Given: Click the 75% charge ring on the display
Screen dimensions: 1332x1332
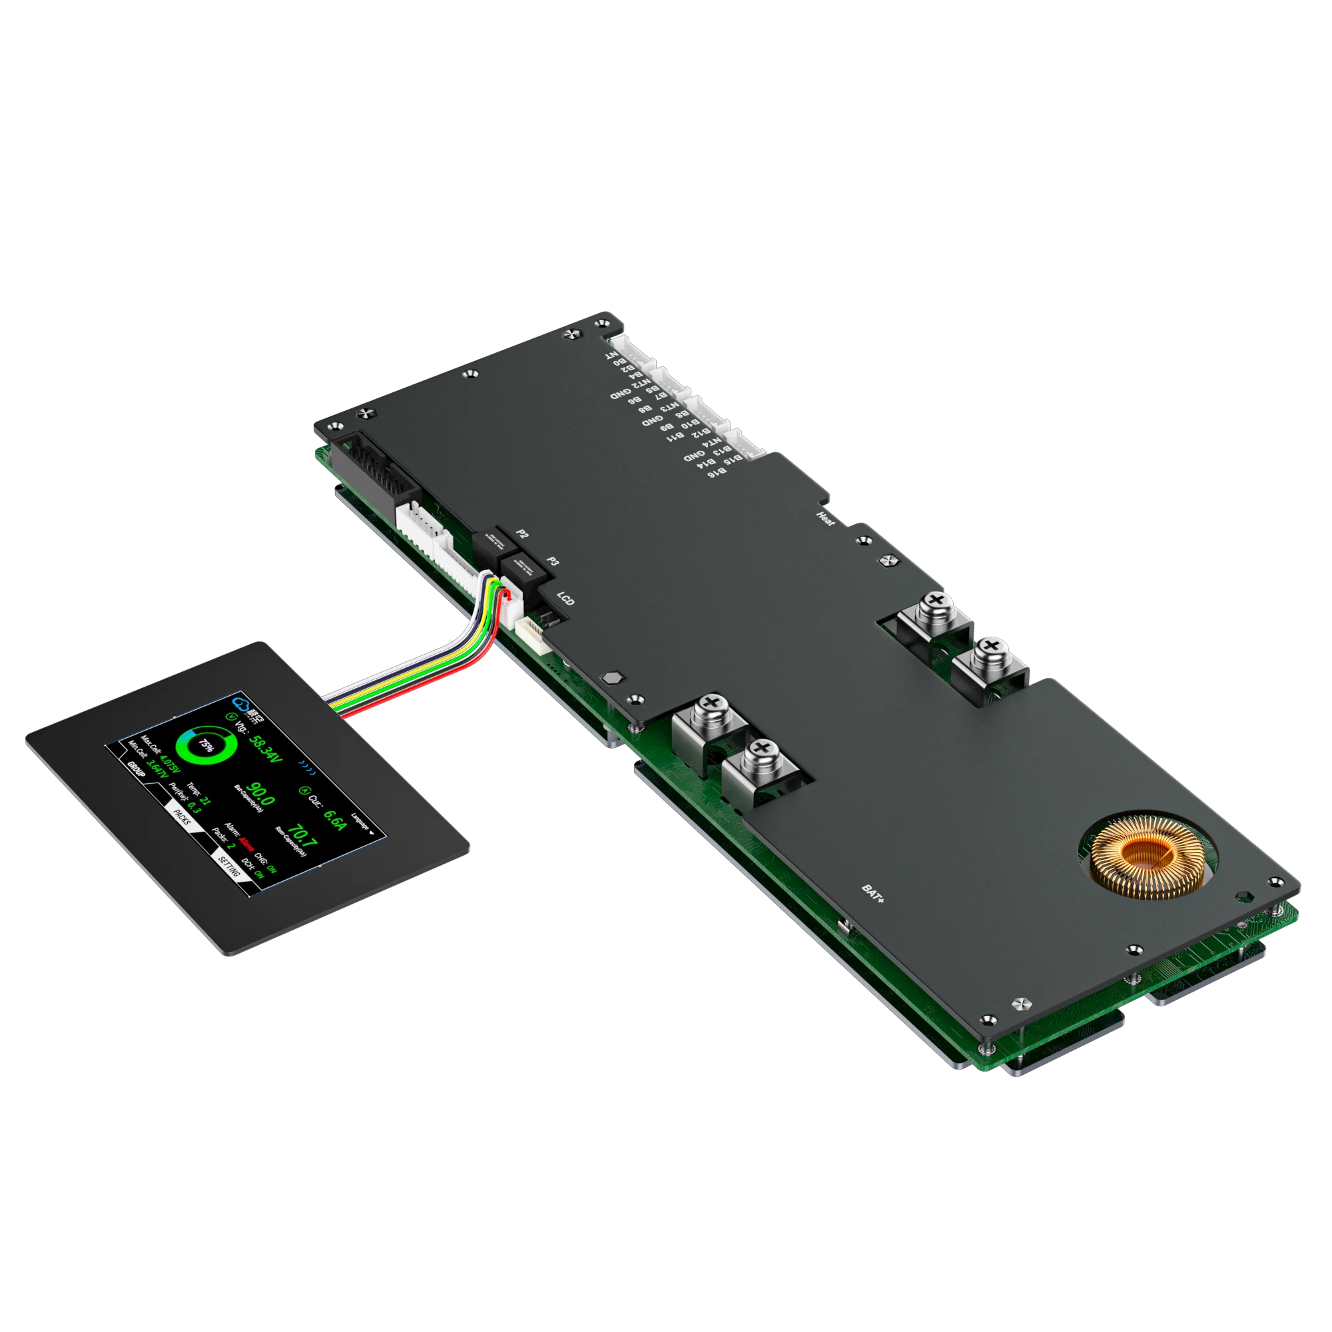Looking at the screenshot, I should [x=205, y=745].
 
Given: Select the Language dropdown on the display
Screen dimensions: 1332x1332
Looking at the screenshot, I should [x=362, y=825].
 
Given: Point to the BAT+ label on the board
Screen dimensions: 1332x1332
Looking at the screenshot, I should [x=873, y=892].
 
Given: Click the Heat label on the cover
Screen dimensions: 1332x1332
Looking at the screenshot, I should [x=825, y=518].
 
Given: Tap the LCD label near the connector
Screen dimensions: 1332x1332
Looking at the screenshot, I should [x=565, y=599].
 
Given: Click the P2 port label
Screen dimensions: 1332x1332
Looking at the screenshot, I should [x=523, y=534].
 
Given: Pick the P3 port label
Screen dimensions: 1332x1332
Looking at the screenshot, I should [x=553, y=561].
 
